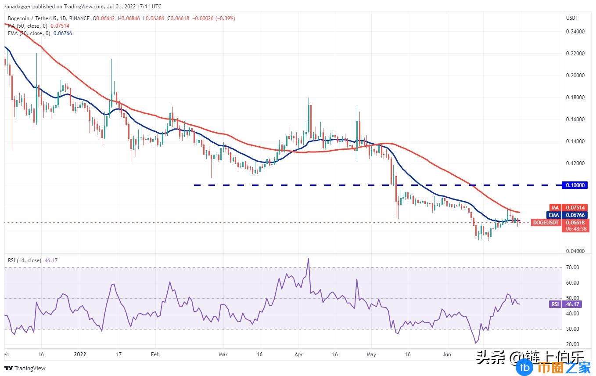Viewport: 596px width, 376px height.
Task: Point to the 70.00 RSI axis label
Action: point(572,268)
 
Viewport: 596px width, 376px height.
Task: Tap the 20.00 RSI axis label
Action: point(572,344)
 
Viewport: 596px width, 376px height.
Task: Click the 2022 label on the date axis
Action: point(80,354)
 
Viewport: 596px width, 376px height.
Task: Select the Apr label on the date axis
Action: point(299,354)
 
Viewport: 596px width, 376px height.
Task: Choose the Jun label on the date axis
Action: point(447,354)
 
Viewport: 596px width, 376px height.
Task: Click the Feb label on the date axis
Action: point(154,354)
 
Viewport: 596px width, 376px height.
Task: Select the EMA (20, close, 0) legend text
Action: point(29,33)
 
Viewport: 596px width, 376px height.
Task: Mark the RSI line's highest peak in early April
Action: point(309,259)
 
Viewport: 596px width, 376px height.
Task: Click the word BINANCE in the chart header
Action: point(78,18)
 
